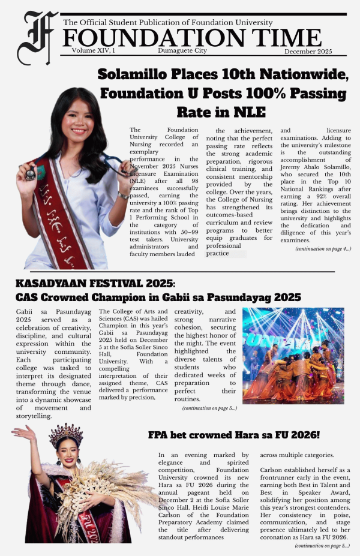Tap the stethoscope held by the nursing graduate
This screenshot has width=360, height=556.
point(31,174)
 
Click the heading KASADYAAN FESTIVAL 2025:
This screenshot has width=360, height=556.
point(95,283)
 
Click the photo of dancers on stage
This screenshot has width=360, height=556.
point(293,355)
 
